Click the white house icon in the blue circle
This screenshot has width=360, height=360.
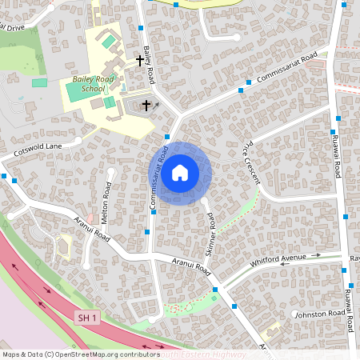[180, 172]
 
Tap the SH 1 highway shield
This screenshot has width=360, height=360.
[88, 318]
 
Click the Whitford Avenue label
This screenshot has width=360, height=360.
[278, 258]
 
